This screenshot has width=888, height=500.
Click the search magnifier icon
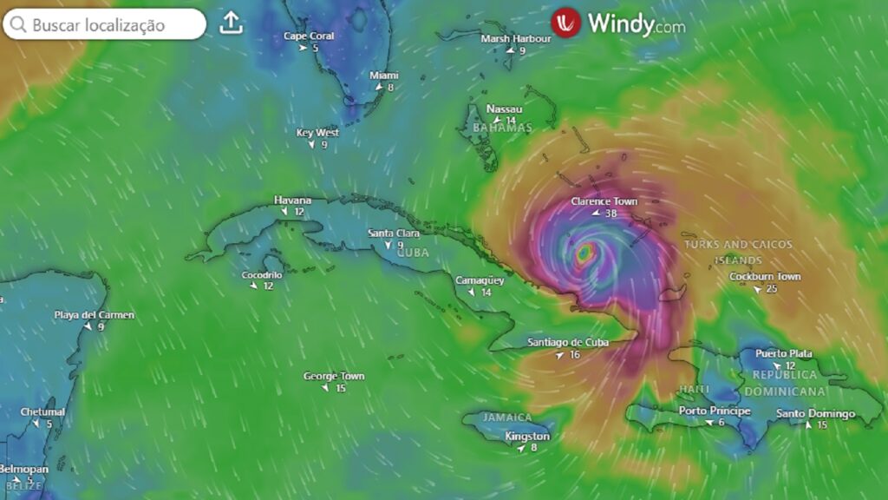click(x=18, y=24)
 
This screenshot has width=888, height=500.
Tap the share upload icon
click(x=231, y=23)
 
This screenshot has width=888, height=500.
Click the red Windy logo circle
click(x=565, y=23)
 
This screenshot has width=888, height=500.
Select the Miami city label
click(x=384, y=76)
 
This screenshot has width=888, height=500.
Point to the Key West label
click(x=317, y=133)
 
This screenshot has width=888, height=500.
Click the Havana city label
click(x=292, y=200)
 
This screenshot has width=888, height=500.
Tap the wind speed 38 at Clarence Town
click(x=610, y=214)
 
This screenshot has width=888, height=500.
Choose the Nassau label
click(x=504, y=109)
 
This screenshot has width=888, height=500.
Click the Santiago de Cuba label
click(x=568, y=342)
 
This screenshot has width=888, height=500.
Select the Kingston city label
click(x=527, y=436)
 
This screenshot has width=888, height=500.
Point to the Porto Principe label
click(x=715, y=411)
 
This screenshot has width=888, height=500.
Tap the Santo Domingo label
click(x=815, y=413)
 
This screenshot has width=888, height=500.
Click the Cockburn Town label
click(x=765, y=277)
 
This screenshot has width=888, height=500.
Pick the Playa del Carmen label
click(x=95, y=315)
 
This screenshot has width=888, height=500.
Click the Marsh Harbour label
click(x=516, y=39)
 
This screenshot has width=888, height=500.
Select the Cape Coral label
click(x=309, y=36)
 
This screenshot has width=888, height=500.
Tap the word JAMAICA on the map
click(x=507, y=418)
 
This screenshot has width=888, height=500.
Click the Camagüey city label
click(x=480, y=280)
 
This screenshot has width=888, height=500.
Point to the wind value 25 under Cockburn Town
click(x=772, y=288)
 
